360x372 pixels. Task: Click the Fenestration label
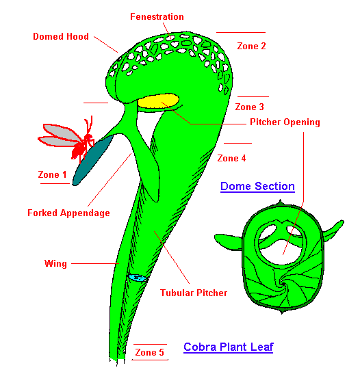pos(157,17)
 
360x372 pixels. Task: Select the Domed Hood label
pos(61,36)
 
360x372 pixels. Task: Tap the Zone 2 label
pos(251,46)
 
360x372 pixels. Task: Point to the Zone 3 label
pos(250,107)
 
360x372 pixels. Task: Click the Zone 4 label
pos(231,158)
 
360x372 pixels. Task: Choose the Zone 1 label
pos(52,174)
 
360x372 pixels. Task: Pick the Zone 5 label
pos(150,352)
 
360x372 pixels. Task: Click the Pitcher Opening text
pos(285,122)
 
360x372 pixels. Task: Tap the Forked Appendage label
pos(68,213)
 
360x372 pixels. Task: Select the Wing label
pos(55,263)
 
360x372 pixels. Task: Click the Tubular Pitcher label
pos(194,293)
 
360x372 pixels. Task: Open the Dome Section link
pos(257,186)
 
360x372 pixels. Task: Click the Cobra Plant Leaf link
pos(229,347)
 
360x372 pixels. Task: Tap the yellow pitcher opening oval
pos(158,101)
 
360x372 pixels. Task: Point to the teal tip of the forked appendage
pos(92,161)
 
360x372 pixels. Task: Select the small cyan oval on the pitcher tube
pos(138,278)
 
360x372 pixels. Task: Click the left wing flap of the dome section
pos(229,241)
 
